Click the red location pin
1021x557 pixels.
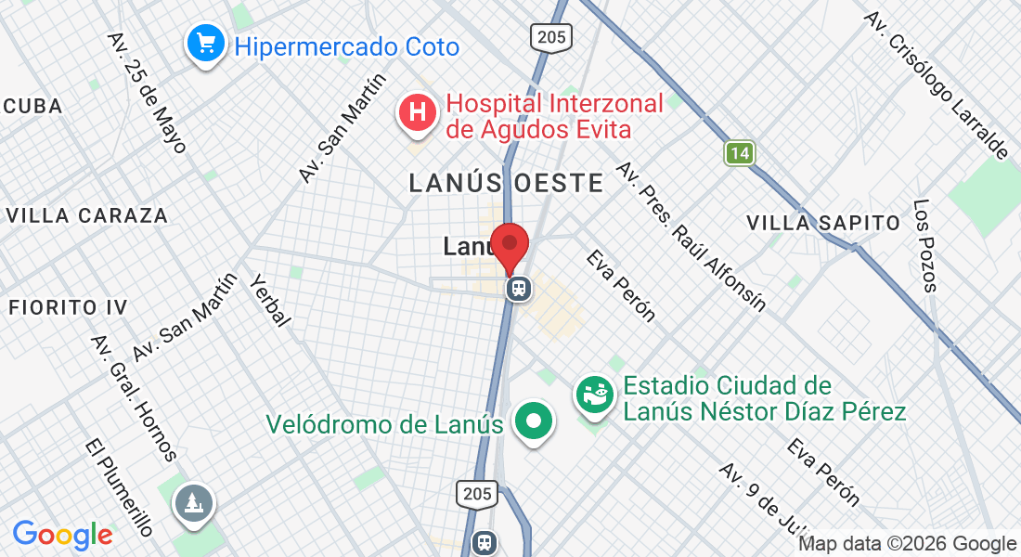coord(509,245)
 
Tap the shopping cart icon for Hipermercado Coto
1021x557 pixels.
coord(204,43)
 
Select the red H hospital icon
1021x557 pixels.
coord(418,113)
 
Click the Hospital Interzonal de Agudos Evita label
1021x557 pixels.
coord(554,116)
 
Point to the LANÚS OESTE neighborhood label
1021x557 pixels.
coord(507,183)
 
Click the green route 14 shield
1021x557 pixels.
coord(739,154)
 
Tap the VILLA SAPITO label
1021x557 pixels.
coord(823,223)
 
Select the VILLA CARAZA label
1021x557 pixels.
coord(86,215)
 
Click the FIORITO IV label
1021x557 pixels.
coord(67,306)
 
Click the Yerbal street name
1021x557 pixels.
coord(271,300)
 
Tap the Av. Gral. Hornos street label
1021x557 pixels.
coord(134,397)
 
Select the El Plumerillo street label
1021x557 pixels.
coord(117,486)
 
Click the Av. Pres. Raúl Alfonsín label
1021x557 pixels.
coord(691,236)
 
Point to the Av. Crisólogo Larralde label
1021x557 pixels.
coord(935,84)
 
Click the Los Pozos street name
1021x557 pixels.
coord(925,245)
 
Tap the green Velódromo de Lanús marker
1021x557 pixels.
coord(534,421)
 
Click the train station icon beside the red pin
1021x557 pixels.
coord(519,289)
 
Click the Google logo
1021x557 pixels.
coord(62,535)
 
